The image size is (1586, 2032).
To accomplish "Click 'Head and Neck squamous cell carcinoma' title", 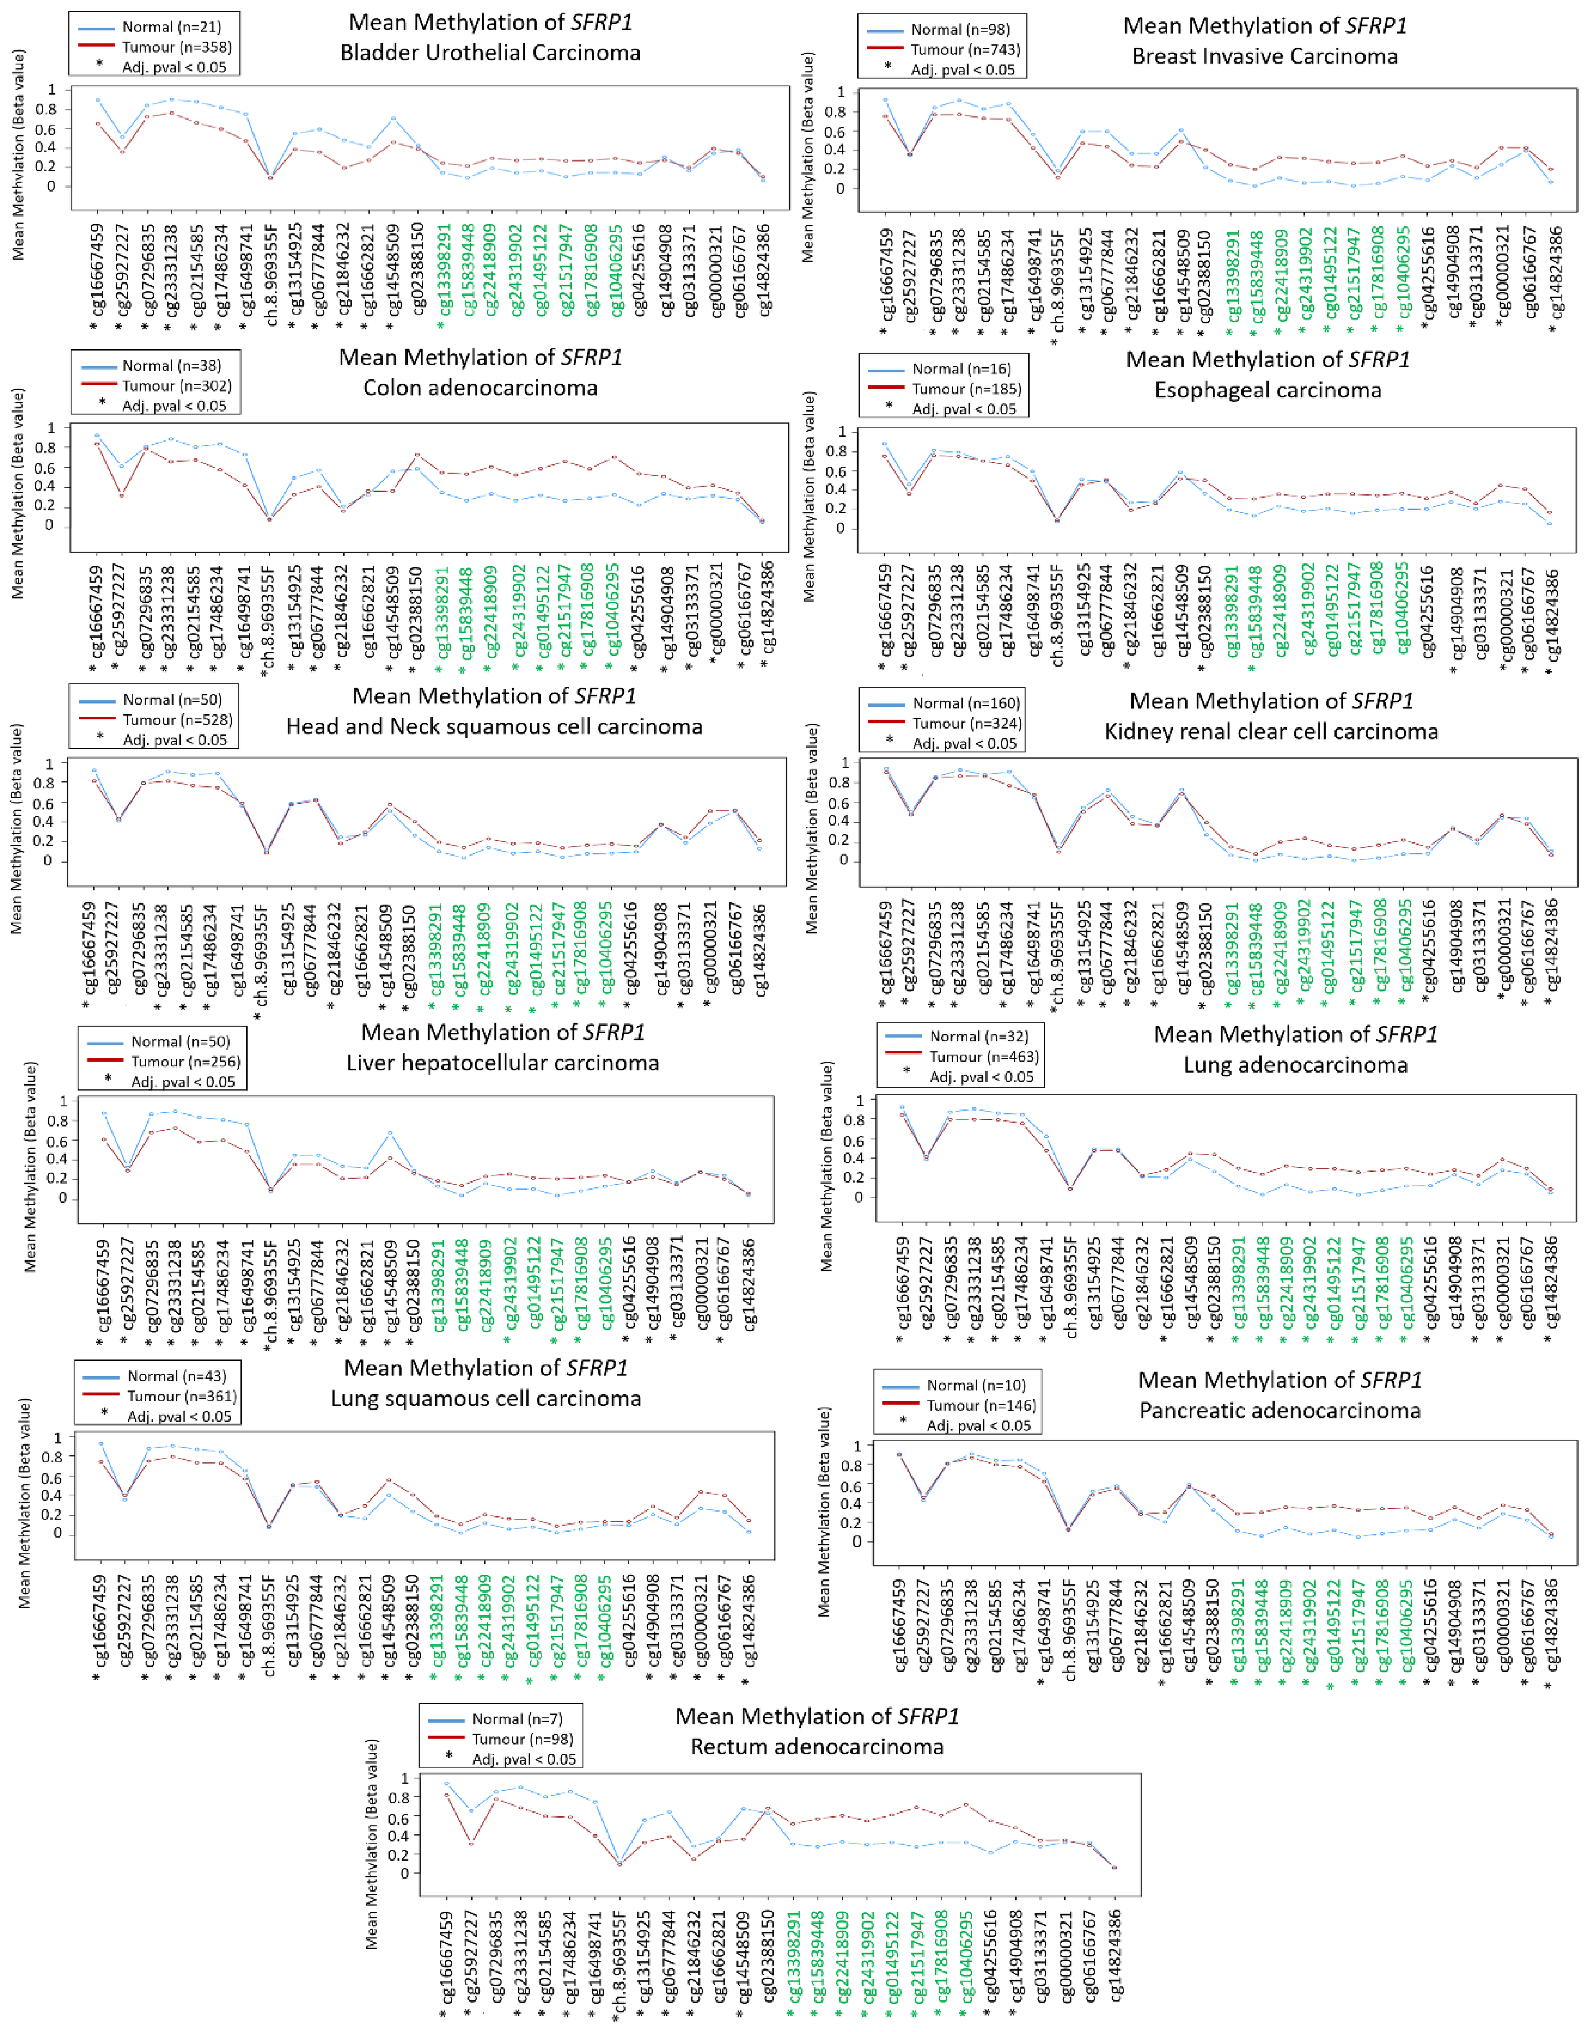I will [494, 727].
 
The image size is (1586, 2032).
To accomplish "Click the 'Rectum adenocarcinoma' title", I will [817, 1747].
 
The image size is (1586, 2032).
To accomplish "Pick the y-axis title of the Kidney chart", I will [812, 828].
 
